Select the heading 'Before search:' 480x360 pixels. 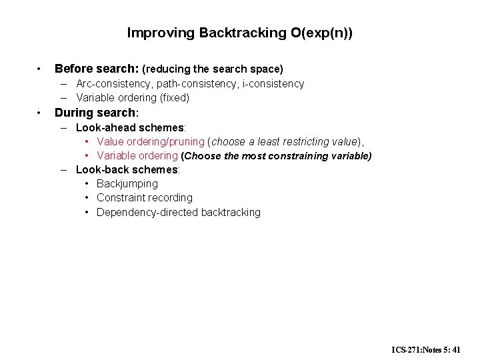coord(96,69)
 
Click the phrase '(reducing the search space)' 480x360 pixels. coord(213,69)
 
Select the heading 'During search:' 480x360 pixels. coord(96,112)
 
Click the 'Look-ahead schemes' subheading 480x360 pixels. coord(130,127)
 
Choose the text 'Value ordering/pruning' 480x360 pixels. coord(151,141)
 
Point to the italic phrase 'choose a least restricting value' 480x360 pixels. coord(285,141)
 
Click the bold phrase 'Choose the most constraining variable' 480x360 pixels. coord(277,156)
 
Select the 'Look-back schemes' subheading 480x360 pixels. coord(127,169)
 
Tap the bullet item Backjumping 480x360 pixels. coord(127,183)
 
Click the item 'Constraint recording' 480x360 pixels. coord(145,198)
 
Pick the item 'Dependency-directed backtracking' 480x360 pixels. coord(179,213)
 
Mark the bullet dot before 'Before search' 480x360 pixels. coord(41,69)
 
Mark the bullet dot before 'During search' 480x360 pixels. coord(41,112)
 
